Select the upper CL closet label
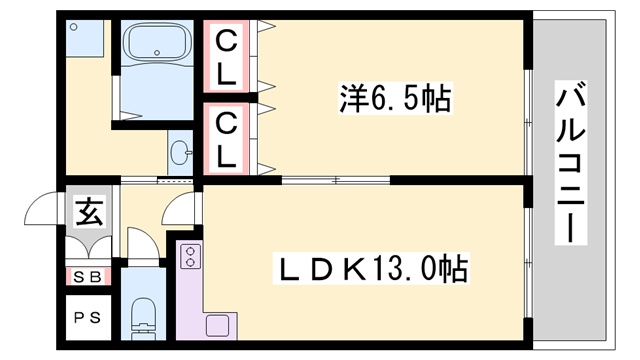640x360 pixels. (x=228, y=57)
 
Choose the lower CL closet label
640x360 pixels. (x=228, y=139)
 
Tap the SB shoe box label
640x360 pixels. (x=88, y=277)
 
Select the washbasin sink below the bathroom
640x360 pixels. (x=181, y=153)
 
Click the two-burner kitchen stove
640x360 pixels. (x=190, y=258)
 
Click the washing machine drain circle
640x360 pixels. (x=74, y=28)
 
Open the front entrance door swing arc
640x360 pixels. (x=45, y=208)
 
